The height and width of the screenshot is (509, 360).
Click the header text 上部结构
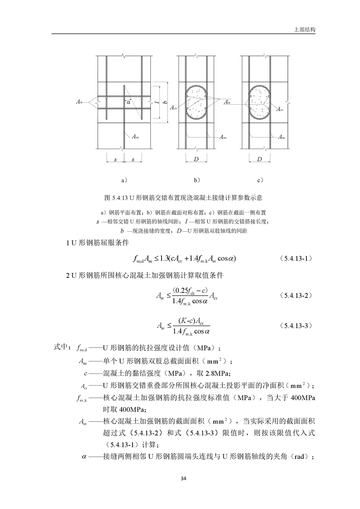tap(305, 29)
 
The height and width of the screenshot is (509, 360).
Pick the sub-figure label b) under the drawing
tap(197, 180)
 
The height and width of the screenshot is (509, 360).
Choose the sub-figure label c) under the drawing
tap(261, 180)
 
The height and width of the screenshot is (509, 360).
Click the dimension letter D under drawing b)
tap(196, 159)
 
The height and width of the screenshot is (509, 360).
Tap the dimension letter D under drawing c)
tap(259, 159)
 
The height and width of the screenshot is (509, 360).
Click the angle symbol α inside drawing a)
tap(129, 103)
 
